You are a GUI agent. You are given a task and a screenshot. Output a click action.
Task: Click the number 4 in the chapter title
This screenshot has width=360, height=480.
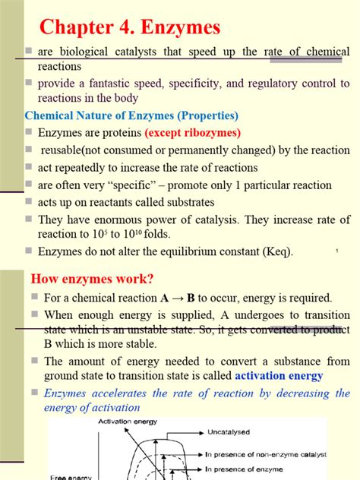pos(126,28)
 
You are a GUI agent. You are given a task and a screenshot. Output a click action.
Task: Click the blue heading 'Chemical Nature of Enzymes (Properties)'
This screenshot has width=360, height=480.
pos(132,116)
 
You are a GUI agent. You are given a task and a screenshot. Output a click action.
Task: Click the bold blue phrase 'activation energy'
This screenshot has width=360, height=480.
pos(279,375)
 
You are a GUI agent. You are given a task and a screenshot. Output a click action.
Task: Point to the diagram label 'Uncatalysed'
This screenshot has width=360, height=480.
pos(232,431)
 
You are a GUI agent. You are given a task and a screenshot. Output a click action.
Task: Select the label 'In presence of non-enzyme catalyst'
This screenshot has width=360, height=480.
pos(267,454)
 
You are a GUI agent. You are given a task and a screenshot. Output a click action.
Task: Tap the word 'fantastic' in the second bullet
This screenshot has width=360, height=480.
pos(111,83)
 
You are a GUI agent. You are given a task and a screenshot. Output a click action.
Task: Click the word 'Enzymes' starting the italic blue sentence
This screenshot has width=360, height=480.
pos(66,393)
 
